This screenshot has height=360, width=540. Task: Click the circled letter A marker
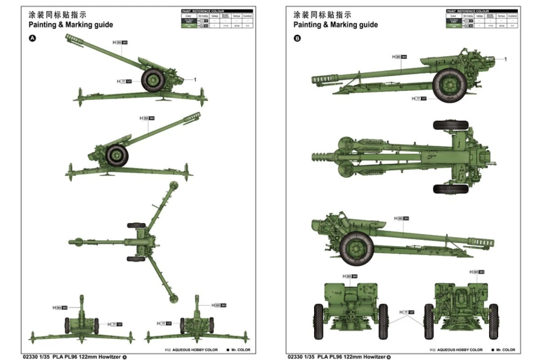tap(32, 38)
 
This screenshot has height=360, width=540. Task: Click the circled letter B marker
tap(297, 38)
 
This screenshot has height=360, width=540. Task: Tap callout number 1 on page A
tap(195, 80)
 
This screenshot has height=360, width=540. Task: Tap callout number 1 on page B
tap(505, 59)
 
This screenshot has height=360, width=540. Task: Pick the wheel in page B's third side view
tap(356, 248)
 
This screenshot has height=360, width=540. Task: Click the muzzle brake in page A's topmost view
tap(73, 40)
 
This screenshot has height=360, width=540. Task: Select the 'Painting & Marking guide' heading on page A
tap(71, 25)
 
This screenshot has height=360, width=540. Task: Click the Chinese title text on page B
tap(323, 14)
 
